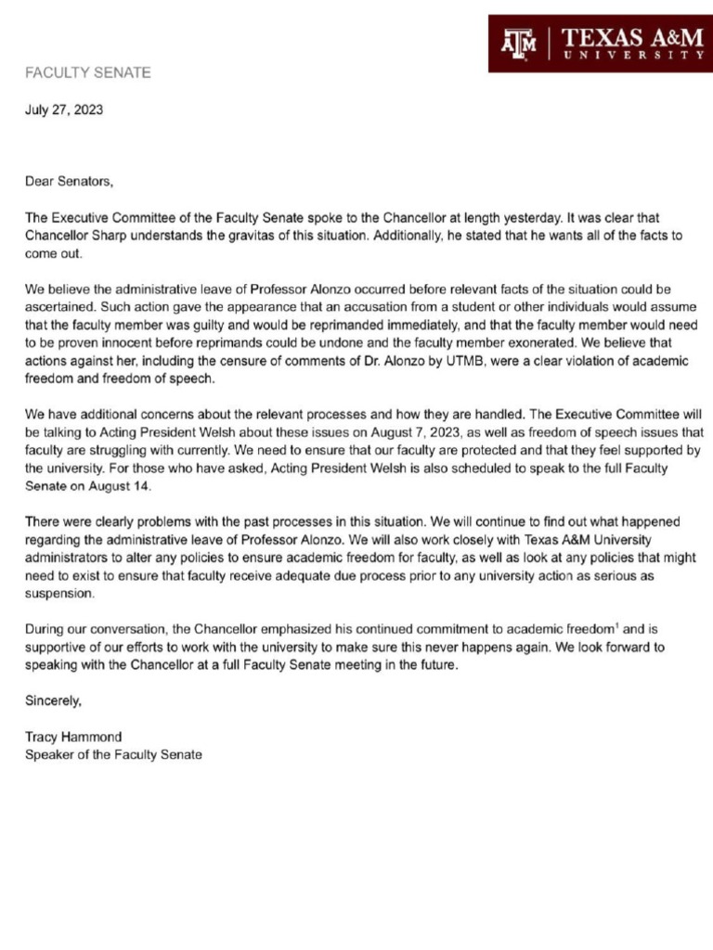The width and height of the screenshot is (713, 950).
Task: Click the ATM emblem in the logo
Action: (x=520, y=43)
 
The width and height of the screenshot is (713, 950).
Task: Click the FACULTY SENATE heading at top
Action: (x=87, y=72)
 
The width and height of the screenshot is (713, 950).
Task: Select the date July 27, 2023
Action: (x=64, y=109)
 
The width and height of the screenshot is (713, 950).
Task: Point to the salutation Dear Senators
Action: (x=69, y=182)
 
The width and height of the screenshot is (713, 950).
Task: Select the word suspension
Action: (x=61, y=594)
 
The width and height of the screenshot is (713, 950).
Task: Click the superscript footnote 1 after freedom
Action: (x=617, y=626)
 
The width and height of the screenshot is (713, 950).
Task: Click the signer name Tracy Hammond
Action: (x=73, y=737)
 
